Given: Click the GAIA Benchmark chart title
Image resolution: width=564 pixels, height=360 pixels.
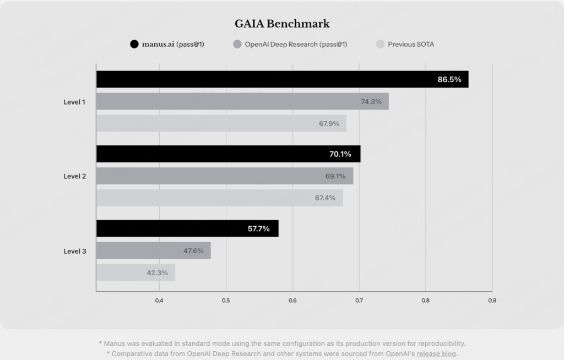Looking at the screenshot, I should [x=282, y=24].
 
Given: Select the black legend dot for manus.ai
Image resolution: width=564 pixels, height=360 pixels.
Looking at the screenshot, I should [x=134, y=44].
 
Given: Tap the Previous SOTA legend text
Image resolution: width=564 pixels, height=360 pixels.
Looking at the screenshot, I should [x=410, y=44].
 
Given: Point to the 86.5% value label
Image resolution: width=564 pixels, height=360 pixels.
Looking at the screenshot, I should [x=449, y=79].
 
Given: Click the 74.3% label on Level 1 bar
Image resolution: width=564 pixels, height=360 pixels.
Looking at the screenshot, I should [x=371, y=101].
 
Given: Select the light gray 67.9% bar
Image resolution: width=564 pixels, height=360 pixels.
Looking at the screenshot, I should [x=220, y=123].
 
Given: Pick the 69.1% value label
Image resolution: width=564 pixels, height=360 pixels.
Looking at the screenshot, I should [x=335, y=176].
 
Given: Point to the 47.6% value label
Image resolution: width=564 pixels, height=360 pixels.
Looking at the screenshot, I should [x=193, y=250].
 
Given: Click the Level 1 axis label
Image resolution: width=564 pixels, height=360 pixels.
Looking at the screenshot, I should [x=74, y=101].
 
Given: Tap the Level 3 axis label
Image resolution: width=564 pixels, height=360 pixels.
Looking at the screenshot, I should [x=74, y=251].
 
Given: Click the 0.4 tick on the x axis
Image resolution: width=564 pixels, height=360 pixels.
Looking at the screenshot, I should [x=159, y=301].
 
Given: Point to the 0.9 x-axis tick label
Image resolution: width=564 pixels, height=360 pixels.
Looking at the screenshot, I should [x=492, y=301].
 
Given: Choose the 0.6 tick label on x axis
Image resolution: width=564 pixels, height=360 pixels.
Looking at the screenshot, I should [x=292, y=301].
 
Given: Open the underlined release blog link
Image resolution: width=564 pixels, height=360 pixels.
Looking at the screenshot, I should [x=436, y=354].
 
